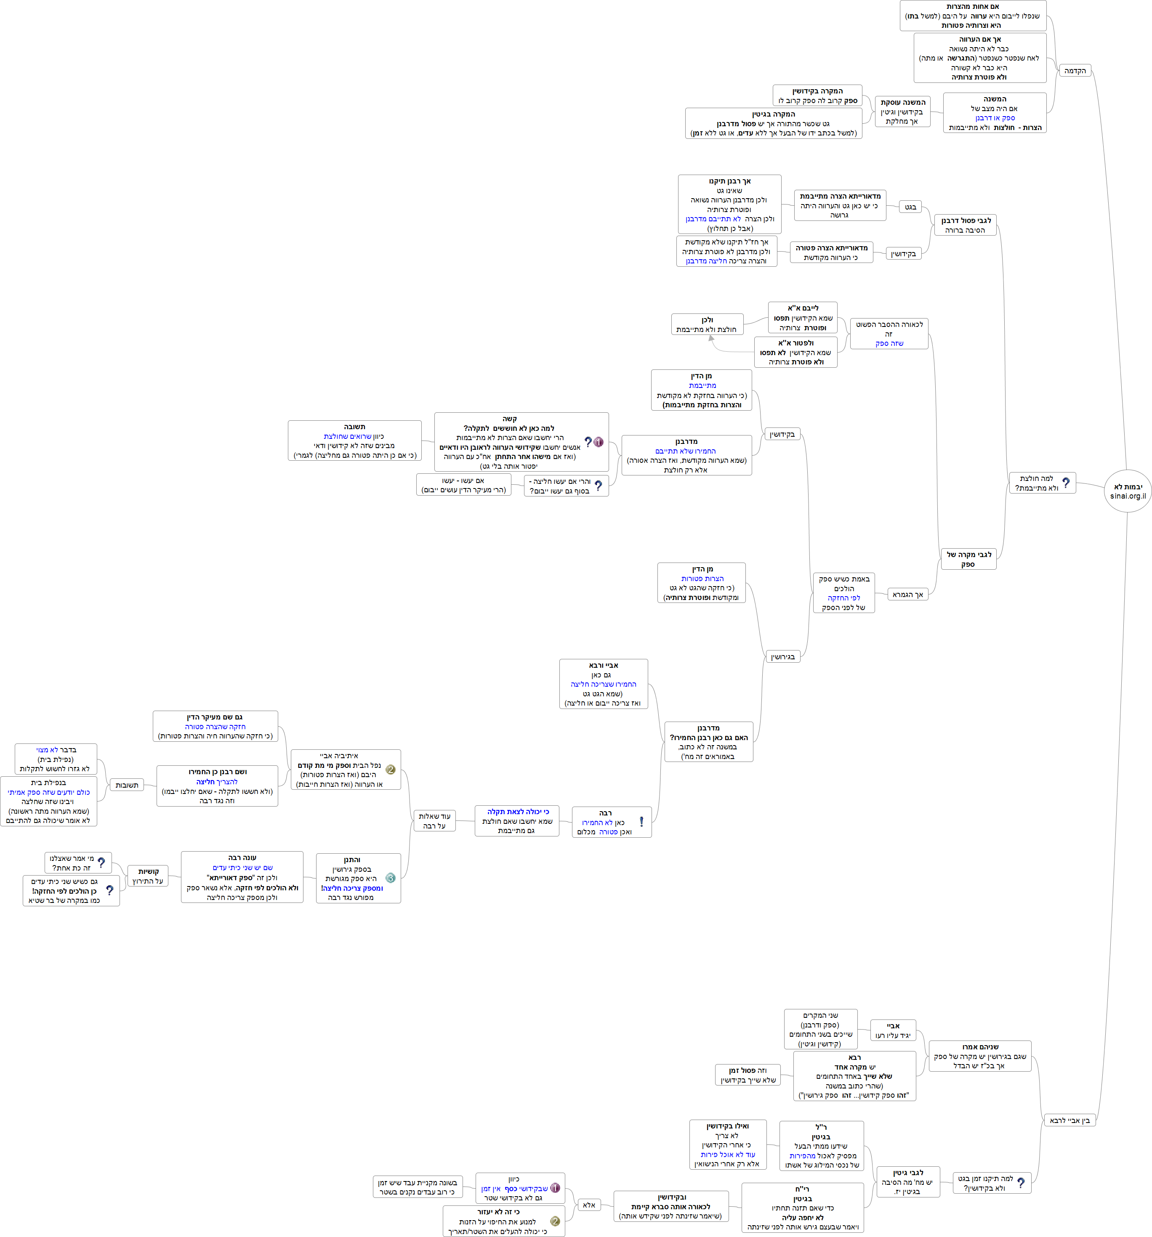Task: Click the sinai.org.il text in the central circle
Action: point(1128,496)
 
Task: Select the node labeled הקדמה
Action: point(1075,71)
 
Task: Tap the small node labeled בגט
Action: point(910,207)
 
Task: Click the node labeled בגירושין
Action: point(782,656)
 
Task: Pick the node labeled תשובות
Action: point(126,785)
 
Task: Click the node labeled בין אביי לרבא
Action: point(1069,1120)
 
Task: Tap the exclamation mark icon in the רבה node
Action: point(641,821)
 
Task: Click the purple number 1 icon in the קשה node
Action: point(598,442)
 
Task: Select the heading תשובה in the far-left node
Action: point(355,427)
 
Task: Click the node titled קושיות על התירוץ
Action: point(148,876)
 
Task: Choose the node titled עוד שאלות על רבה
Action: point(434,821)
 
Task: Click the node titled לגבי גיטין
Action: point(908,1181)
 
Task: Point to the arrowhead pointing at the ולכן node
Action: point(711,339)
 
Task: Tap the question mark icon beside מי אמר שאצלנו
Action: point(101,863)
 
